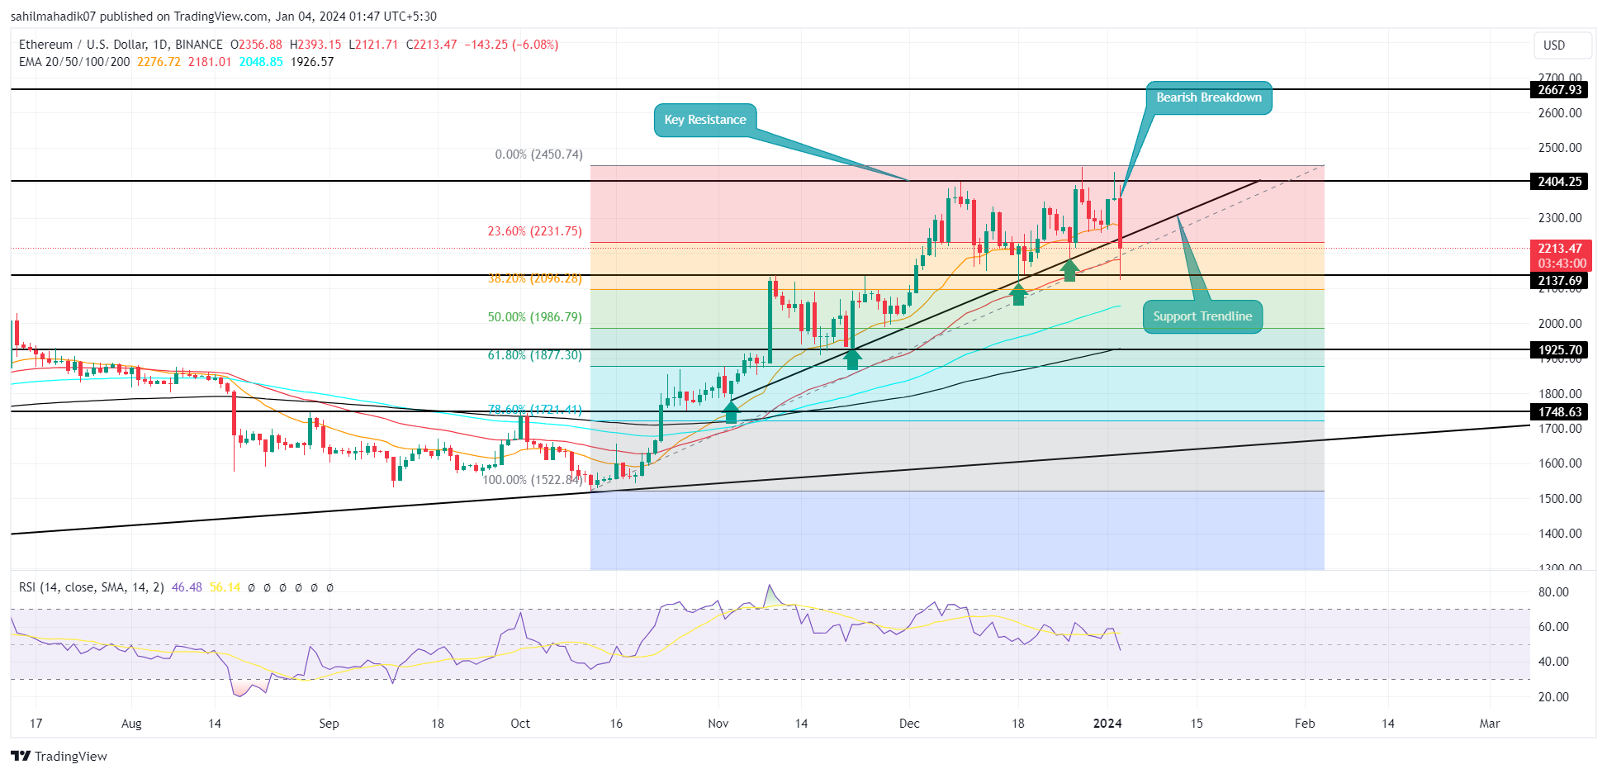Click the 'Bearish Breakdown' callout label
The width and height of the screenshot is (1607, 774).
1208,97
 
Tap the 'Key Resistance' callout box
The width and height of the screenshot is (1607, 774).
704,120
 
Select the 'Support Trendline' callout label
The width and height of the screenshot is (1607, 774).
1202,316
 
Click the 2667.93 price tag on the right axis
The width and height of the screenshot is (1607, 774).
1559,90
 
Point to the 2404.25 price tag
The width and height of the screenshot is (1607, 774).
1559,182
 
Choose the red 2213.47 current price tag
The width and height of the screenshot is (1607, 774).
1559,249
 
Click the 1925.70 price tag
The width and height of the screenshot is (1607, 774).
1559,350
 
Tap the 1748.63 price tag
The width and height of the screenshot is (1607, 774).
1559,412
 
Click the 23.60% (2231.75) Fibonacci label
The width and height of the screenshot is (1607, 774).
534,231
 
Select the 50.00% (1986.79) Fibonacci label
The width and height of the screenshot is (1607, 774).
534,317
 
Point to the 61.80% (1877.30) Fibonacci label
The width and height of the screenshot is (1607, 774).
534,355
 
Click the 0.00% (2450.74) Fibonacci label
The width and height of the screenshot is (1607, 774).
538,154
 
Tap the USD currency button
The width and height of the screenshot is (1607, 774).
1554,45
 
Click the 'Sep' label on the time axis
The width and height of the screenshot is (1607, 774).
329,724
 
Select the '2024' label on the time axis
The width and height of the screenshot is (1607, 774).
1107,724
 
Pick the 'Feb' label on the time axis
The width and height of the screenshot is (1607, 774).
1305,724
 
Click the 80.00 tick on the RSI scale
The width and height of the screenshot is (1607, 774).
1553,592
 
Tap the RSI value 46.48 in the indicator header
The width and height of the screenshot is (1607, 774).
187,587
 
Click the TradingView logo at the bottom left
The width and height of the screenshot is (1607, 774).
59,756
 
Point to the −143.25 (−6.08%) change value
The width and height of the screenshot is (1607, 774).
511,45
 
